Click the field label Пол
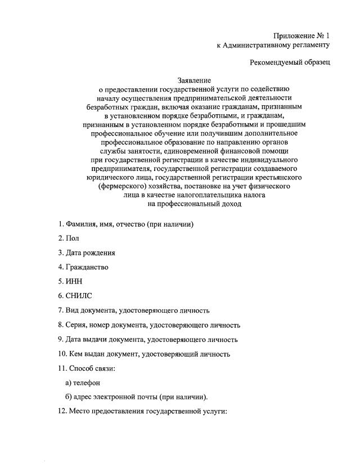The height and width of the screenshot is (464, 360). pos(73,238)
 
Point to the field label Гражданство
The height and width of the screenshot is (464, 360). pos(87,267)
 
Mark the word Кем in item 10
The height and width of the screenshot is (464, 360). pos(76,354)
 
